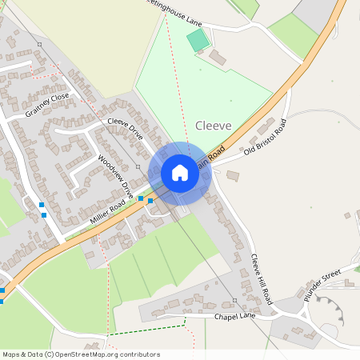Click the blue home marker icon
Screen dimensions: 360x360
pos(180,173)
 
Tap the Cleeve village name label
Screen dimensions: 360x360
pos(213,126)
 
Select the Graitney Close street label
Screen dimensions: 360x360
pos(47,105)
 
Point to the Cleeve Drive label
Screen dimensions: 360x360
pos(125,130)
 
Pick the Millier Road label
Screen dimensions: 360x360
pos(107,211)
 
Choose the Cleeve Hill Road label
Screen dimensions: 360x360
pos(262,279)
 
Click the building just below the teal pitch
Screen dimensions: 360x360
pos(217,58)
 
